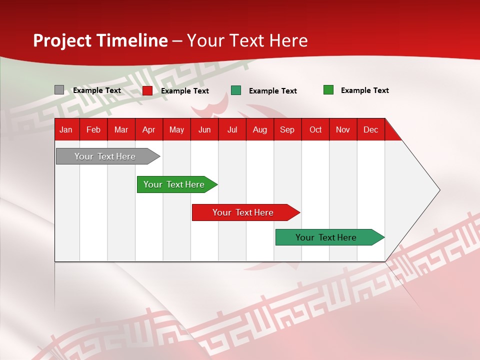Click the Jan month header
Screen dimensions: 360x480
(x=66, y=129)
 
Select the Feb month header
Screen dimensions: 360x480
(x=93, y=129)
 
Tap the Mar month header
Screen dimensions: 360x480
(x=121, y=129)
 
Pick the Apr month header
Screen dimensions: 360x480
(x=149, y=129)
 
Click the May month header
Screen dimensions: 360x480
(x=176, y=129)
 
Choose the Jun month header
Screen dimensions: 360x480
(x=204, y=129)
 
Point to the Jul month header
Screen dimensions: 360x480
(x=232, y=129)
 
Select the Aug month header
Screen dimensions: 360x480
(x=260, y=129)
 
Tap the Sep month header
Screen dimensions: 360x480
(x=287, y=129)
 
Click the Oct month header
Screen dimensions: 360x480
(x=315, y=129)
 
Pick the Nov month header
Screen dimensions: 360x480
(x=343, y=129)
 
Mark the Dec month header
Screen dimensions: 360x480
(x=371, y=129)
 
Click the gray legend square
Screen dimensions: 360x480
(x=59, y=90)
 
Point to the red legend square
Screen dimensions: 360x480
(x=147, y=90)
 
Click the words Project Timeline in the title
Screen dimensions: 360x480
(x=100, y=40)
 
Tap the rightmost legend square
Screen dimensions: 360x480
(x=328, y=90)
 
